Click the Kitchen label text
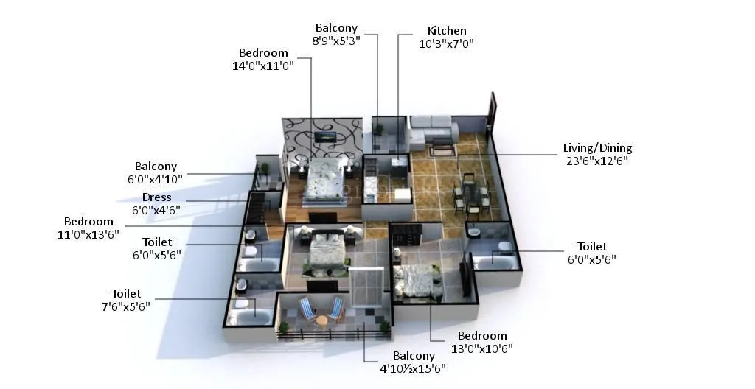tap(447, 31)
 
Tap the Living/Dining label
tap(597, 148)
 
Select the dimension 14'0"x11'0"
tap(263, 66)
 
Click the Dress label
tap(156, 197)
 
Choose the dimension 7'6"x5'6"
tap(126, 306)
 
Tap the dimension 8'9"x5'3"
tap(336, 41)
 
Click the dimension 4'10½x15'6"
tap(413, 368)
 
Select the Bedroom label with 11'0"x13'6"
tap(88, 221)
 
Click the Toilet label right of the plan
tap(592, 246)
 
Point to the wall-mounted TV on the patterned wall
tap(323, 136)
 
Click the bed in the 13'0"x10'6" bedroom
tap(417, 280)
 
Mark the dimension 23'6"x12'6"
tap(597, 161)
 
